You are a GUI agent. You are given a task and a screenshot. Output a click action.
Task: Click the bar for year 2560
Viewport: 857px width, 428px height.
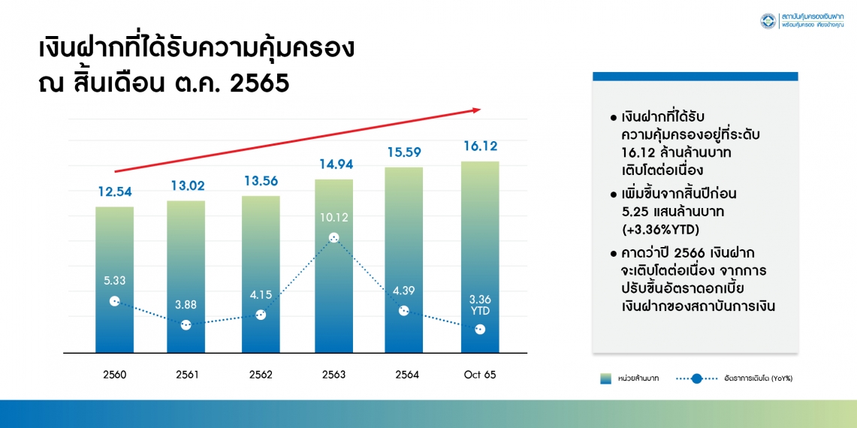click(x=115, y=280)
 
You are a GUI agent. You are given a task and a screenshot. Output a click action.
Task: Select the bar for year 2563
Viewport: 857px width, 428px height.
click(x=334, y=267)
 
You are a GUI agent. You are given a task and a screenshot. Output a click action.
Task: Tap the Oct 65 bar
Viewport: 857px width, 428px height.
click(x=480, y=257)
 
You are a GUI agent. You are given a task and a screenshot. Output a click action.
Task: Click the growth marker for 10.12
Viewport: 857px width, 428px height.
click(x=334, y=238)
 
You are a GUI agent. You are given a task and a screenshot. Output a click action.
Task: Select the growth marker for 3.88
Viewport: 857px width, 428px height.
click(x=186, y=324)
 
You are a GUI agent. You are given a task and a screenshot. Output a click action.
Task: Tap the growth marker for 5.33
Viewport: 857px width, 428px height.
click(x=114, y=300)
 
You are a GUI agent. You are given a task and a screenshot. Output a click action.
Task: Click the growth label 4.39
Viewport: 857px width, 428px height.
click(x=403, y=291)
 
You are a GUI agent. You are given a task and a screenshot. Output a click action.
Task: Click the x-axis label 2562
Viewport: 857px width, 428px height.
click(x=260, y=375)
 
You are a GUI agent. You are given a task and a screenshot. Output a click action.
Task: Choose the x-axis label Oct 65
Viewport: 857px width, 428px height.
click(x=480, y=375)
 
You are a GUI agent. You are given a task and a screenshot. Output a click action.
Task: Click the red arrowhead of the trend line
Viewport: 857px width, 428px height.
click(x=475, y=110)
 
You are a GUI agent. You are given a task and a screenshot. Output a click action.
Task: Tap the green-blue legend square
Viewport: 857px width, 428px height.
click(x=605, y=378)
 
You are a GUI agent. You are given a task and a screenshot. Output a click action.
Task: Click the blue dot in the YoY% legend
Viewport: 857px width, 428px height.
click(x=696, y=378)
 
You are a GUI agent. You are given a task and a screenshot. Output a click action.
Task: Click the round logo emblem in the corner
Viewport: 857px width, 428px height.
click(x=768, y=21)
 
